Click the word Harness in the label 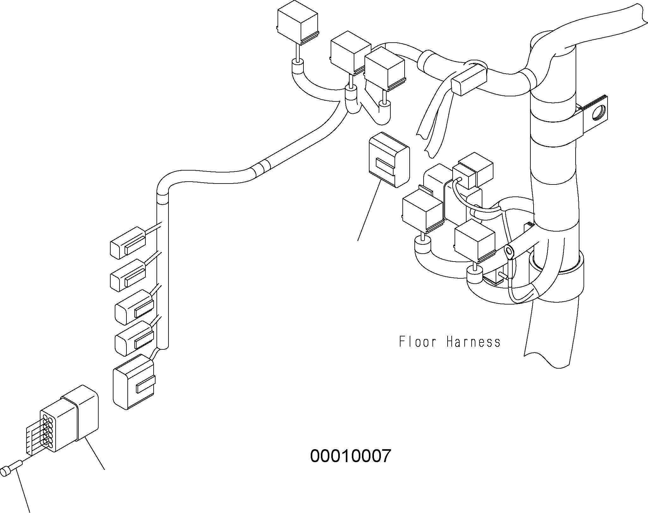474,342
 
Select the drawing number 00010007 351,456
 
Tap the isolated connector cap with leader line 389,160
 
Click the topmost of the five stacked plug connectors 128,243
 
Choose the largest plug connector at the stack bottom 133,382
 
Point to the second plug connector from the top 128,275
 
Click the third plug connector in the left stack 134,307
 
